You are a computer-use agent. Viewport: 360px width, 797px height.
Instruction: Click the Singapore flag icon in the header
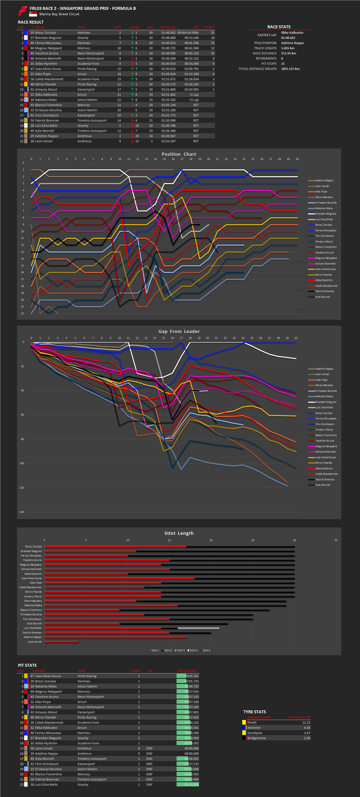click(x=33, y=14)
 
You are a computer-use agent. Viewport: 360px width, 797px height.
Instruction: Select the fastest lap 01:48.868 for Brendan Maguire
click(x=168, y=38)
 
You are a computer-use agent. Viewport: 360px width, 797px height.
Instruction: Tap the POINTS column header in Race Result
click(x=209, y=27)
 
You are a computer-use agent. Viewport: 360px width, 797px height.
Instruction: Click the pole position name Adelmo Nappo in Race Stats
click(x=292, y=43)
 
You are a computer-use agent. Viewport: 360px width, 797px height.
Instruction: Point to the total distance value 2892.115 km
click(x=290, y=69)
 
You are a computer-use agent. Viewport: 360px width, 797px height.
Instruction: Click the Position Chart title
click(x=179, y=154)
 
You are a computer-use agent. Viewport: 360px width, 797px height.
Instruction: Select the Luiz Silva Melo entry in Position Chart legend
click(x=324, y=219)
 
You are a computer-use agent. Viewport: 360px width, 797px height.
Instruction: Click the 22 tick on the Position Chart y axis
click(x=22, y=313)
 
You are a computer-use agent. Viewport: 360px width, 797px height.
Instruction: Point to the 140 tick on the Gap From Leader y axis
click(x=22, y=512)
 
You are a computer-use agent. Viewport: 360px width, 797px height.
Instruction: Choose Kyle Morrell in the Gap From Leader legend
click(x=322, y=485)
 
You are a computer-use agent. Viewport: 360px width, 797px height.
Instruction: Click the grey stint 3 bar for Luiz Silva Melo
click(x=198, y=628)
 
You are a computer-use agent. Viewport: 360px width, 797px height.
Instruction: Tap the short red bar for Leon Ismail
click(x=61, y=642)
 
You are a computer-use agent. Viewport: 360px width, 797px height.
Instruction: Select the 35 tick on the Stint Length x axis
click(x=336, y=540)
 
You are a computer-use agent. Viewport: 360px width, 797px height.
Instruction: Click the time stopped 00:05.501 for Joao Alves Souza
click(x=192, y=676)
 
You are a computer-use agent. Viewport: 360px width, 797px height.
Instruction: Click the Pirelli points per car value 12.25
click(x=306, y=722)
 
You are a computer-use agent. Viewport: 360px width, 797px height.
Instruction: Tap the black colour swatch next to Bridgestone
click(x=244, y=738)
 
